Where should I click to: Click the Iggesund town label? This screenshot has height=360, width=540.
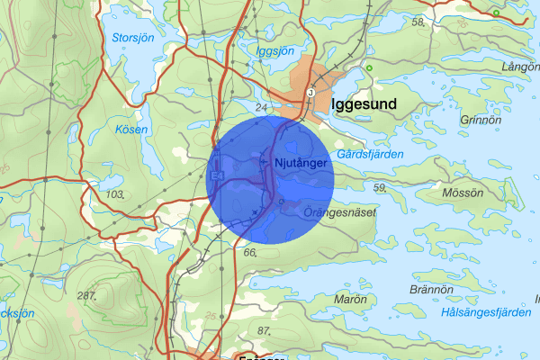tap(364, 104)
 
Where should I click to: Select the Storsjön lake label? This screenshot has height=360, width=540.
tap(133, 38)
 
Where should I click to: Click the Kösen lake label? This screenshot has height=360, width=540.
tap(132, 130)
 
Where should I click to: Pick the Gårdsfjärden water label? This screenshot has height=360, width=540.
tap(370, 154)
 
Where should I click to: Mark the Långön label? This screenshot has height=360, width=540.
tap(520, 67)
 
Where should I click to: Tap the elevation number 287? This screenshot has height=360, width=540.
tap(86, 296)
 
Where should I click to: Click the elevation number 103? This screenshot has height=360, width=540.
tap(114, 194)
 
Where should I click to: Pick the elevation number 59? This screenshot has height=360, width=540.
tap(379, 187)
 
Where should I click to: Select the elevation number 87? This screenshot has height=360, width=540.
tap(264, 331)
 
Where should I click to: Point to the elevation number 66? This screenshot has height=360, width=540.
tap(250, 253)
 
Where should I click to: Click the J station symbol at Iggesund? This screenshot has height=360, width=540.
tap(310, 92)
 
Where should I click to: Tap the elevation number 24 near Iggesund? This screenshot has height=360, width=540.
tap(263, 109)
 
